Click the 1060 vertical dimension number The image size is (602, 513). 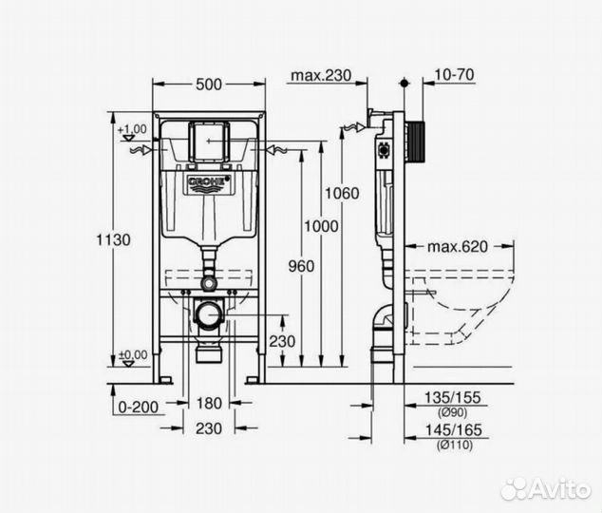click(342, 193)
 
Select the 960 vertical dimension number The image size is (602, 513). click(299, 267)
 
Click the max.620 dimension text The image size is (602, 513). click(456, 246)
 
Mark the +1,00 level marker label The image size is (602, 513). click(133, 128)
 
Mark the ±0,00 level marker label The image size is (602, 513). click(133, 354)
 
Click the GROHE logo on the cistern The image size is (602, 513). click(208, 180)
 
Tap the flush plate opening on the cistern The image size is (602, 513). click(208, 141)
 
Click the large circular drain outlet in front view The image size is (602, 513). click(208, 313)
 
